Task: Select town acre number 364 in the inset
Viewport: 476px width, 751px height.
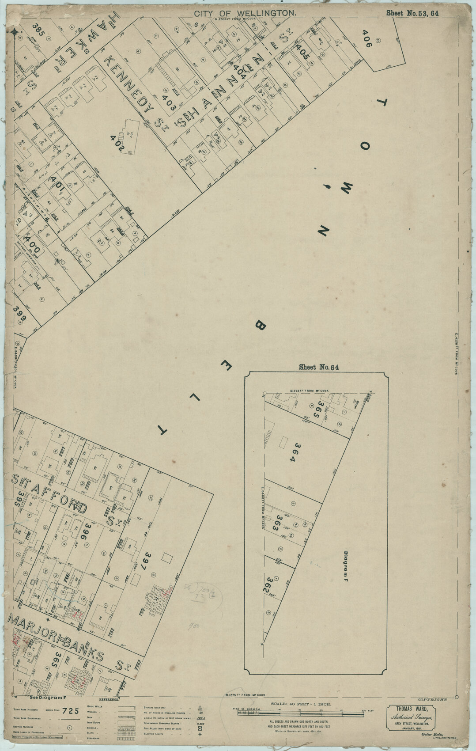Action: (x=291, y=452)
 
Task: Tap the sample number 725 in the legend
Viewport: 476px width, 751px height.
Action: (x=72, y=711)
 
